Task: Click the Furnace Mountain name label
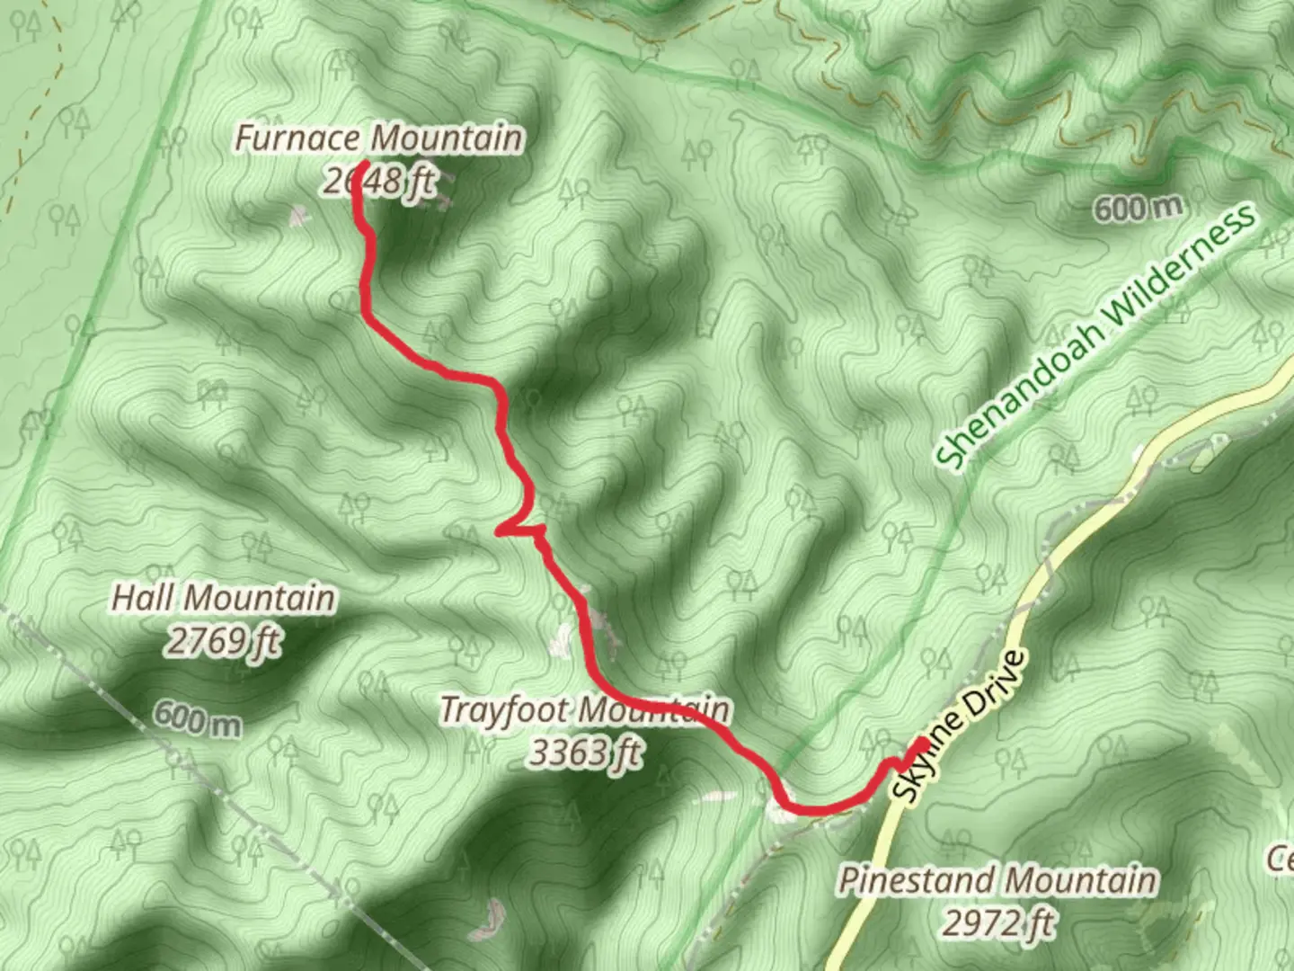pos(378,138)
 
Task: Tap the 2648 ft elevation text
pos(378,182)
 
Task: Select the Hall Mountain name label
pos(224,598)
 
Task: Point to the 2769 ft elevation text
pos(224,641)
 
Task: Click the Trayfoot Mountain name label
pos(584,710)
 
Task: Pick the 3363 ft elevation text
pos(586,753)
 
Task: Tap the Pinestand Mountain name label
pos(997,880)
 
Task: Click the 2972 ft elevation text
pos(997,922)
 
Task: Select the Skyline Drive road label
pos(960,726)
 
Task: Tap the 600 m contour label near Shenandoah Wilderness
pos(1138,209)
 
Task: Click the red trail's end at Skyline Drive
pos(920,744)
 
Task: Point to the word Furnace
pos(299,138)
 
